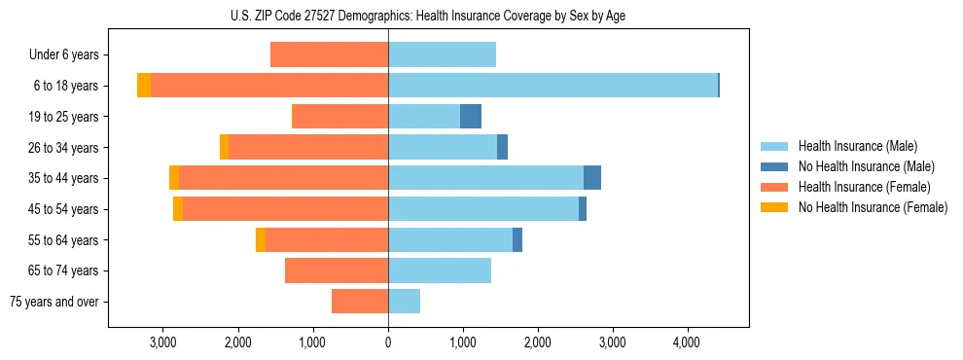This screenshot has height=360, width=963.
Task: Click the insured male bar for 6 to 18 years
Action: (x=553, y=86)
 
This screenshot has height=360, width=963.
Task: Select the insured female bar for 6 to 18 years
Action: (x=269, y=86)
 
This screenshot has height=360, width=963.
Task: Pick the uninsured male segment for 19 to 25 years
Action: (x=471, y=117)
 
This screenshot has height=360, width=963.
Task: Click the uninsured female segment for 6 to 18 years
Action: (x=144, y=86)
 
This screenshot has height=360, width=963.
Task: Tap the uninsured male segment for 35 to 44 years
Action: (x=592, y=178)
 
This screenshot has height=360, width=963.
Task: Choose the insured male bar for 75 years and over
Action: (x=404, y=302)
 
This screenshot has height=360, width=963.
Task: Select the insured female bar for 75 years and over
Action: (x=360, y=302)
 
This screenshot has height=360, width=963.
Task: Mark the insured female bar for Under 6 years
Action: (x=329, y=55)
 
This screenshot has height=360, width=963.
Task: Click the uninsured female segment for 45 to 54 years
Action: (x=178, y=209)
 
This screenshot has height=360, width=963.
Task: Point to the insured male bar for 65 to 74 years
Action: (x=440, y=270)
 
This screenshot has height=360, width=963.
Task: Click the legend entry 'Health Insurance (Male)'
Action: (x=857, y=146)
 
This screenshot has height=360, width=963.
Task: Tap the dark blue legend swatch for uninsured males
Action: (x=774, y=166)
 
